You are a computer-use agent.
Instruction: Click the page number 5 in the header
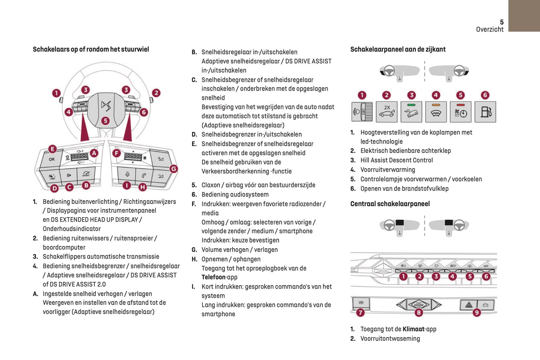click(502, 22)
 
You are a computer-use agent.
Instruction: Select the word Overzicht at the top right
click(490, 30)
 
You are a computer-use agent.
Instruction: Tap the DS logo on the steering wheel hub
click(106, 106)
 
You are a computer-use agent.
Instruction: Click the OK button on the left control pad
click(52, 159)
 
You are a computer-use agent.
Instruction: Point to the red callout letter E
click(52, 149)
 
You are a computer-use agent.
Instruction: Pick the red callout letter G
click(174, 169)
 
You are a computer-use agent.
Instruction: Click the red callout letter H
click(142, 187)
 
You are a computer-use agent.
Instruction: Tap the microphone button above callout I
click(127, 175)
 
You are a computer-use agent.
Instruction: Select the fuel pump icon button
click(485, 112)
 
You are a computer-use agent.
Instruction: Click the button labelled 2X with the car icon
click(386, 112)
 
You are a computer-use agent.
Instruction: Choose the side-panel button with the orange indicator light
click(436, 112)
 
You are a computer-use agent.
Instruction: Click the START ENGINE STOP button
click(419, 305)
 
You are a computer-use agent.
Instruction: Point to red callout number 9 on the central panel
click(477, 313)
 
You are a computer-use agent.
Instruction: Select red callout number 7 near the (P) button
click(360, 313)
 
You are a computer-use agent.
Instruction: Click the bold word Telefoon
click(214, 277)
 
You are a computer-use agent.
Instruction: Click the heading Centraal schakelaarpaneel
click(390, 204)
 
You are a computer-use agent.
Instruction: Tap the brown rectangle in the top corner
click(524, 16)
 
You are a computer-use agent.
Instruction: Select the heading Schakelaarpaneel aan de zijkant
click(398, 49)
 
